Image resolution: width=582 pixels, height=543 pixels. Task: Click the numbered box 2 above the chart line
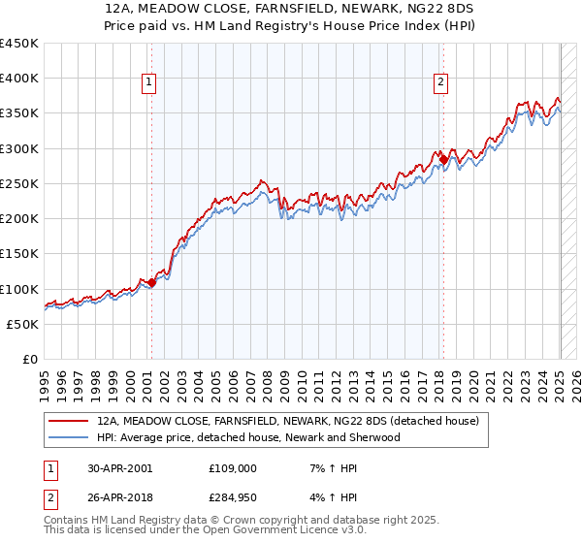[440, 83]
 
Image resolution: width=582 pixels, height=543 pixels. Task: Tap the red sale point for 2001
[151, 283]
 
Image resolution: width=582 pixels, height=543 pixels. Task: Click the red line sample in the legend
[70, 422]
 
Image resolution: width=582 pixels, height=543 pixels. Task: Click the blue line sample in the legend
[70, 437]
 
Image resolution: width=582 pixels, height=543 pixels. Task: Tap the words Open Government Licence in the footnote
[268, 531]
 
